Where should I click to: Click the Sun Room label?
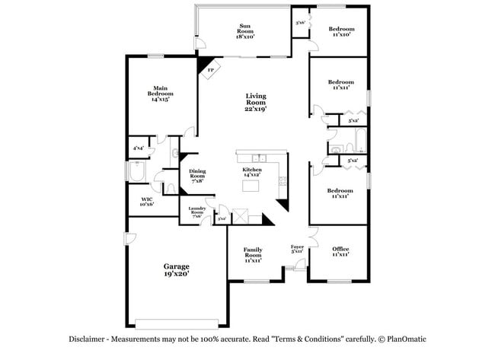242,30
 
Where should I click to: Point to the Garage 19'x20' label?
176,269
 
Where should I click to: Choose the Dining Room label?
197,177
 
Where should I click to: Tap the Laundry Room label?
196,213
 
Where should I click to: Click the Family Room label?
253,253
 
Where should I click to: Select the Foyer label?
297,249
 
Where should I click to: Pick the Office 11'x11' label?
340,252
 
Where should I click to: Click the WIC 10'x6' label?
147,202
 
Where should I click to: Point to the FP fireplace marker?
210,70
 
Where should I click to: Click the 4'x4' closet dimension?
138,148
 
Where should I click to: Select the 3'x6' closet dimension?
300,22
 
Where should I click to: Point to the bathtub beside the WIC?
138,173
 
